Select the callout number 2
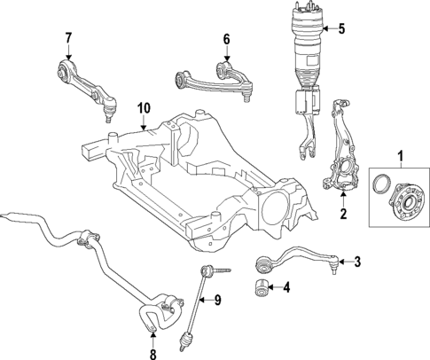[344, 214]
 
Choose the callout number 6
[226, 39]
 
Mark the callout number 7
[67, 37]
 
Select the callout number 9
[218, 299]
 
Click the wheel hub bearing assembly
[403, 204]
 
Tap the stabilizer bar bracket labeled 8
[152, 320]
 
